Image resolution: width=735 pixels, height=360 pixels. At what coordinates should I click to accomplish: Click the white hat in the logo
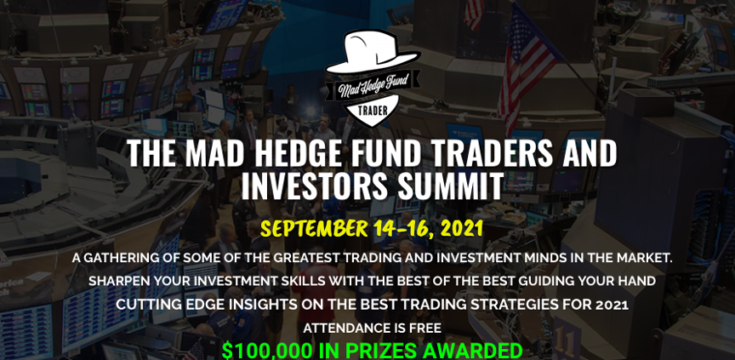tap(373, 52)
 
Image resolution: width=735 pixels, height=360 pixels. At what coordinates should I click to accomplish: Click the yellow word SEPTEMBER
tap(314, 228)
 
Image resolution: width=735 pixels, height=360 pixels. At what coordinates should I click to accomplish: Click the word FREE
tap(426, 329)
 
